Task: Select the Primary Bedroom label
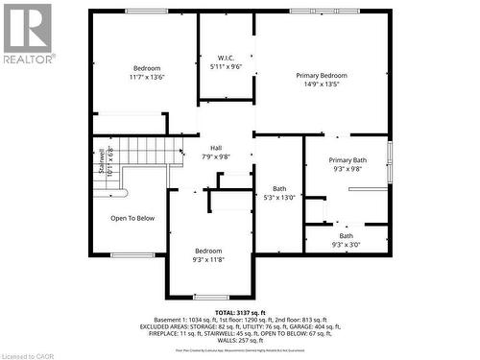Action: click(x=321, y=75)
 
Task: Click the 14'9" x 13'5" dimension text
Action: click(x=321, y=84)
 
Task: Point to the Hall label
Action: click(x=216, y=147)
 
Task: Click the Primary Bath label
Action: click(x=347, y=160)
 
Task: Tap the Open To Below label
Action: click(x=132, y=218)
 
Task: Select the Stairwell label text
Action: click(x=102, y=160)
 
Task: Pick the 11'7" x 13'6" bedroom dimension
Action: click(x=147, y=78)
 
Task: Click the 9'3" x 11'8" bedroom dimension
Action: click(x=207, y=259)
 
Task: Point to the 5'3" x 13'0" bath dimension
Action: click(x=279, y=198)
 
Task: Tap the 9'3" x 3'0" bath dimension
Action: click(x=347, y=244)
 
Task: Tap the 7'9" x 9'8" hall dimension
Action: click(x=216, y=156)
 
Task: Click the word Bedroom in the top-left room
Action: click(x=147, y=68)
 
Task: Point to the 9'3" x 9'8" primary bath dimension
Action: click(x=347, y=170)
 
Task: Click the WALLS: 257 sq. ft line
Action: click(x=240, y=341)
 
